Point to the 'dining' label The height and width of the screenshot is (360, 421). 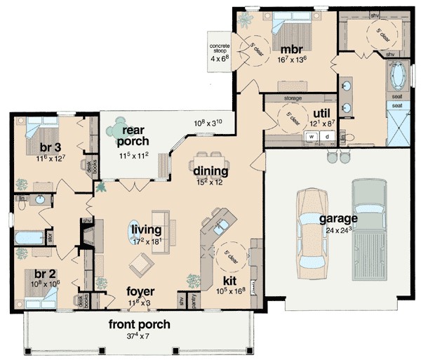point(210,171)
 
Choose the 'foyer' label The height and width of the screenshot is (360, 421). point(140,291)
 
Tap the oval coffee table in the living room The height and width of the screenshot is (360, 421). point(136,229)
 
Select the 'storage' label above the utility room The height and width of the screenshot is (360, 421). point(293,99)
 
